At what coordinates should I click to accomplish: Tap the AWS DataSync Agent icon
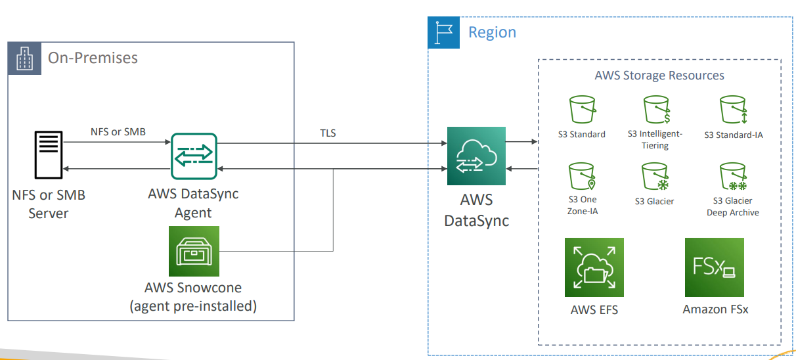(x=193, y=156)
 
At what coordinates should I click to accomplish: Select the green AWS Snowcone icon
(x=194, y=252)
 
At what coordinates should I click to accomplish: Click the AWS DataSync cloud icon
(x=476, y=156)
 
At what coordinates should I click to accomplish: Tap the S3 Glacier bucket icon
(x=655, y=176)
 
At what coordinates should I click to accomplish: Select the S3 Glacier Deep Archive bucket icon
(x=732, y=176)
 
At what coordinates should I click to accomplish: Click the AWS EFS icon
(x=594, y=267)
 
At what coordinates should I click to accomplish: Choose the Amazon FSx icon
(x=715, y=267)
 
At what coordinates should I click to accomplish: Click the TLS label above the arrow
(x=327, y=133)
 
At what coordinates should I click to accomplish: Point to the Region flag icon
(x=443, y=32)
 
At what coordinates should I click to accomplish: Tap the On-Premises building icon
(x=24, y=58)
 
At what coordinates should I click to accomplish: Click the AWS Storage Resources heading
(x=659, y=75)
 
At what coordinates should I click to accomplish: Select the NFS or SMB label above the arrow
(x=118, y=132)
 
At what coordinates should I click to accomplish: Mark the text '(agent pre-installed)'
(x=193, y=305)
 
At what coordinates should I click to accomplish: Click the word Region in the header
(x=492, y=32)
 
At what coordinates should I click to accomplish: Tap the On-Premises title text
(x=93, y=58)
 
